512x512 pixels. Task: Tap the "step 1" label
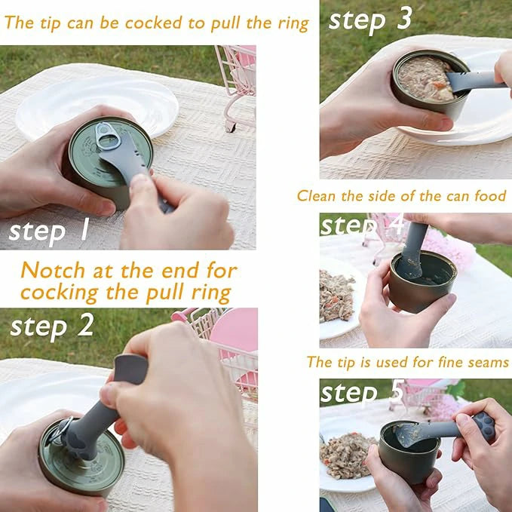49,231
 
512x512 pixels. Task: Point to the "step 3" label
370,20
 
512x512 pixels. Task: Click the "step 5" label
362,393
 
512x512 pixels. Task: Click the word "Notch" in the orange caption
53,271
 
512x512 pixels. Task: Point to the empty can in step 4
422,281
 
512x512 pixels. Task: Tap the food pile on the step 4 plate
336,296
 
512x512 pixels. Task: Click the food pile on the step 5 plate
346,455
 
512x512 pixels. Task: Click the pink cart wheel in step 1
231,127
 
